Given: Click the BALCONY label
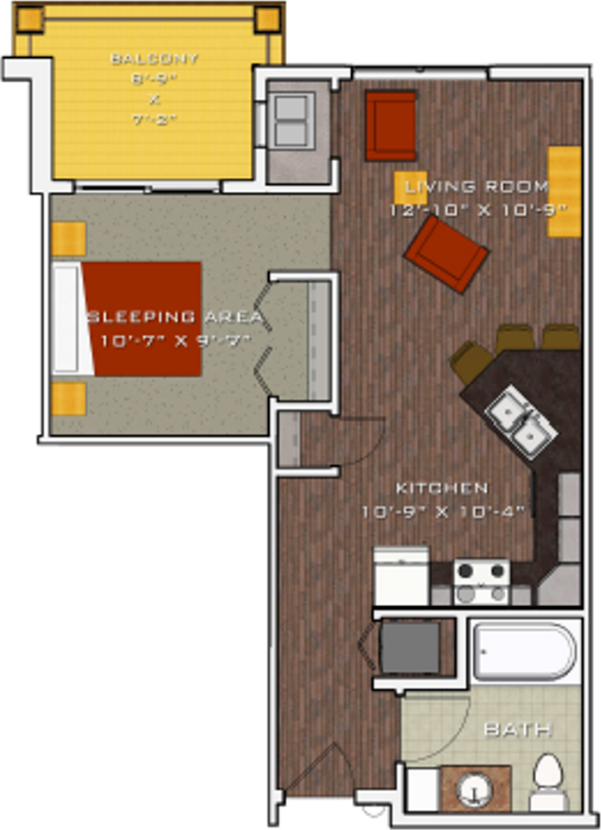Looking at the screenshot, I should (155, 59).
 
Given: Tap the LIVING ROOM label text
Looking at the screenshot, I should (476, 186).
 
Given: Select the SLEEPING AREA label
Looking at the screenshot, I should (173, 316).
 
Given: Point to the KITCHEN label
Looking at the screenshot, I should (442, 488).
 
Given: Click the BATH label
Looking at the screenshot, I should (517, 731).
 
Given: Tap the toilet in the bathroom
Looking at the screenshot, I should (549, 782).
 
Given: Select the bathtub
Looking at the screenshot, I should (524, 653).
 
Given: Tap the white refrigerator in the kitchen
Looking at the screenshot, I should (401, 577).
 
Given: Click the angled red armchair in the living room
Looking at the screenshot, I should (446, 252).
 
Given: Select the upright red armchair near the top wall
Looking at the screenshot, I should (391, 126).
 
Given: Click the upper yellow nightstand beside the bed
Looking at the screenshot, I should (68, 239).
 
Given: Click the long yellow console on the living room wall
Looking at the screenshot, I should (564, 191).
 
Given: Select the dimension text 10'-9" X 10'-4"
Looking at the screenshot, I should (443, 512).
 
